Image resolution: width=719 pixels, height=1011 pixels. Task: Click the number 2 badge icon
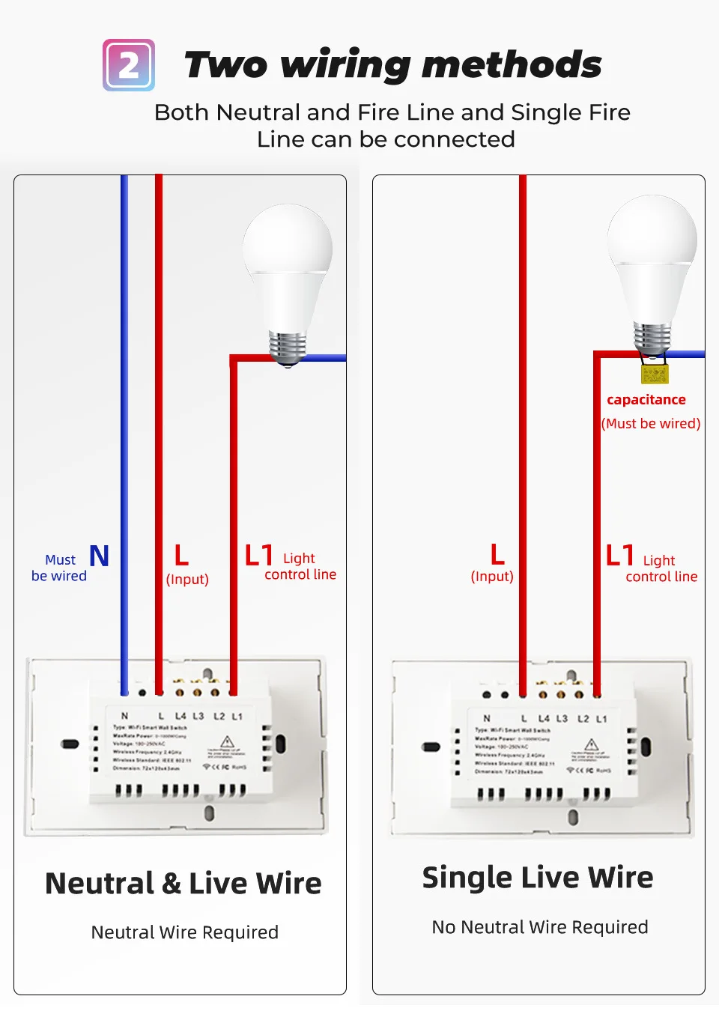pos(129,65)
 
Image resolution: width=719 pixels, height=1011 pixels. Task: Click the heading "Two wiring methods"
pos(392,64)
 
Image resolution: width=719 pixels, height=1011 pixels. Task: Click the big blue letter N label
pos(99,556)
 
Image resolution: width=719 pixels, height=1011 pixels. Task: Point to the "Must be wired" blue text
pos(59,568)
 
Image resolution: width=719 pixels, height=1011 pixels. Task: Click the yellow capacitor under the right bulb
pos(654,373)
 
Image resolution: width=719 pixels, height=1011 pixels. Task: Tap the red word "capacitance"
pos(646,400)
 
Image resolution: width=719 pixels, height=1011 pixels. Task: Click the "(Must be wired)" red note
pos(651,423)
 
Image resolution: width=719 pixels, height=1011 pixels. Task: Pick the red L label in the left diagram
pos(181,556)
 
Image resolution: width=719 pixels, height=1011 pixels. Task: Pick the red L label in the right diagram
pos(497,555)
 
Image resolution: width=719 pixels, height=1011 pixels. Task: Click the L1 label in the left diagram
pos(259,556)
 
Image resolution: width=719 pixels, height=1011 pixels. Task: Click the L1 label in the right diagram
pos(620,556)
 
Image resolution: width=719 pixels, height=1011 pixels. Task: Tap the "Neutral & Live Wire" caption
pos(183,884)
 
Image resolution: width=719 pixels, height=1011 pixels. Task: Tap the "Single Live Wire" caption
pos(538,878)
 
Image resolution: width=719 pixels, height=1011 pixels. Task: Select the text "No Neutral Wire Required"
pos(540,927)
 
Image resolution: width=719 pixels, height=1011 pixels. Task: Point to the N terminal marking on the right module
pos(486,718)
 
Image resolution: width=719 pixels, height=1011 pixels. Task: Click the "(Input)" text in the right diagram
pos(492,577)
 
